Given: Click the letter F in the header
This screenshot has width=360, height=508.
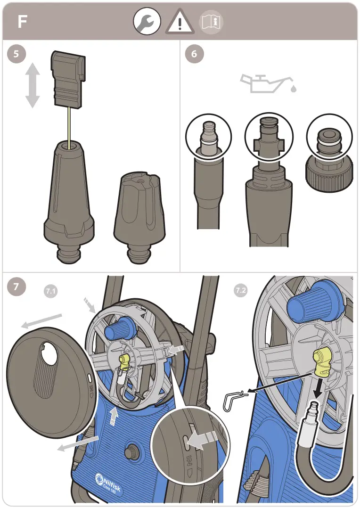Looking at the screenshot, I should pos(22,22).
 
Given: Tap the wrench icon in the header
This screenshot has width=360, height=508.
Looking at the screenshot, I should pos(147,22).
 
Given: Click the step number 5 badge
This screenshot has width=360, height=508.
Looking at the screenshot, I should pos(17,54).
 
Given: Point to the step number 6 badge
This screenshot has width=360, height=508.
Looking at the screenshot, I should pos(194,54).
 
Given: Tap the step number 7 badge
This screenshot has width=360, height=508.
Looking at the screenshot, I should pos(17,286).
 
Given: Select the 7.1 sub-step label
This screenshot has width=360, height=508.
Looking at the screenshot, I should pos(50,292).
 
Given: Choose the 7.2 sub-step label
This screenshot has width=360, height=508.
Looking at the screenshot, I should pos(240,291).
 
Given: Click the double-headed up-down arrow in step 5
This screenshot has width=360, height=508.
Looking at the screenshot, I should pos(32,86).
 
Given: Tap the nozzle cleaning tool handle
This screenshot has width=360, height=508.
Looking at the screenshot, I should pos(69,80).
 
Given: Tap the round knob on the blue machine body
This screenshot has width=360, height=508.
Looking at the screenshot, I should pos(131,451).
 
